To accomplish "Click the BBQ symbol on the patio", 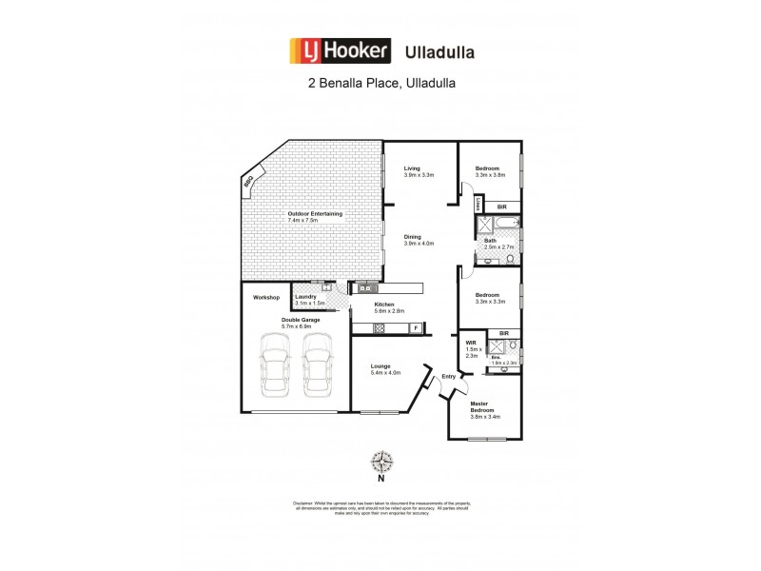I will [x=249, y=181].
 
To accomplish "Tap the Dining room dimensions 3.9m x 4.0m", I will [x=419, y=244].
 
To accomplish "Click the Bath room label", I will [x=491, y=241].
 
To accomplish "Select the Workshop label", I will [x=265, y=298].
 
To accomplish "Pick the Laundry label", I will [x=306, y=296].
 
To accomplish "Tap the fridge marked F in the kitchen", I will [x=415, y=328].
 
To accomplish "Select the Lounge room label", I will [x=380, y=366].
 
